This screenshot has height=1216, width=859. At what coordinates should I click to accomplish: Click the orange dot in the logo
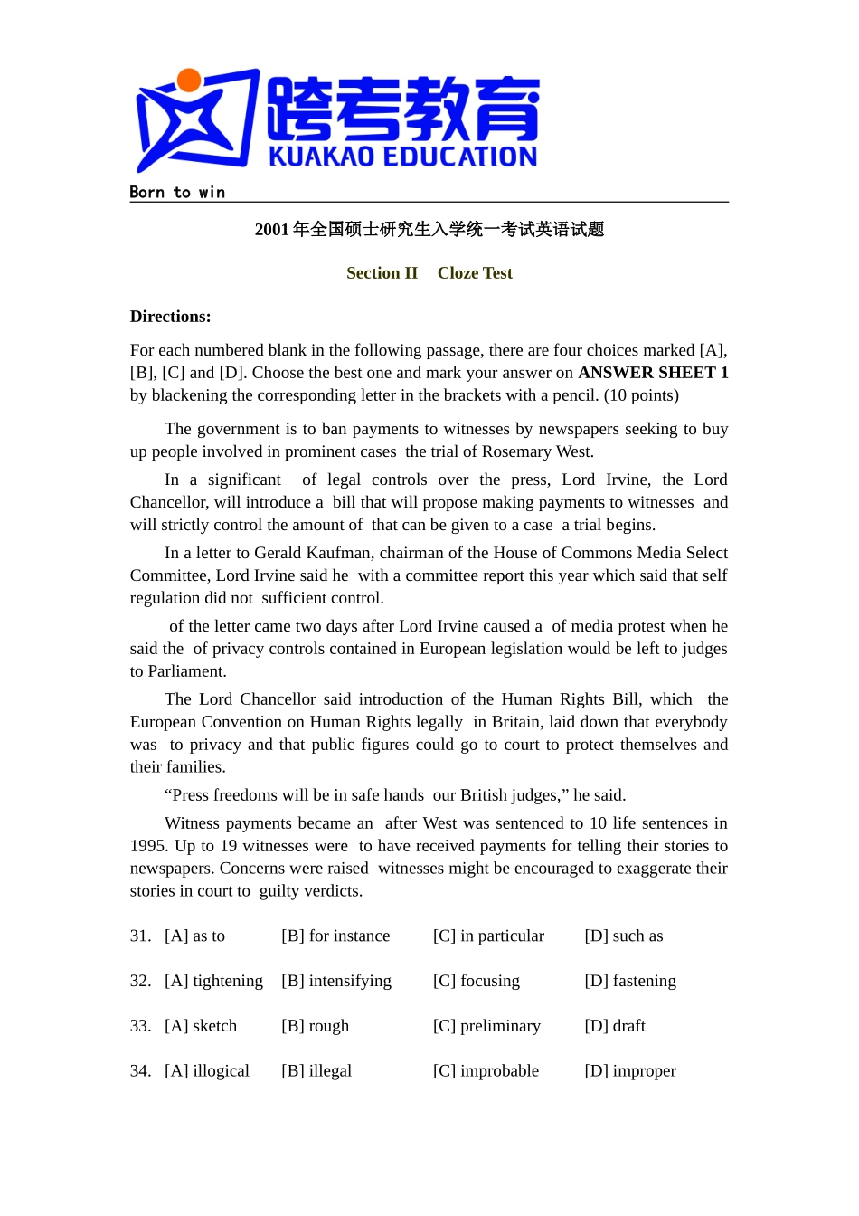(189, 81)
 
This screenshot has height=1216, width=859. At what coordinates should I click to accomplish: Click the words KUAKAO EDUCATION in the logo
(402, 157)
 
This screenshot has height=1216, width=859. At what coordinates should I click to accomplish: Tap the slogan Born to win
(177, 192)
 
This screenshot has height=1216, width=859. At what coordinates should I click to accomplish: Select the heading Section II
(382, 273)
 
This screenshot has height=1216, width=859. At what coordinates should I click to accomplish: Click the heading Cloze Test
(475, 273)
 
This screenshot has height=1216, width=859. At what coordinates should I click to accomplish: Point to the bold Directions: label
(170, 317)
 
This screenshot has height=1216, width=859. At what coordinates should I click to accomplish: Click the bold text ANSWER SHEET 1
(653, 373)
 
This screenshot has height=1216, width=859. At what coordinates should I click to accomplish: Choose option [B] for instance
(335, 936)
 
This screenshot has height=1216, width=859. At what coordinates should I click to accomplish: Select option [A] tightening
(213, 981)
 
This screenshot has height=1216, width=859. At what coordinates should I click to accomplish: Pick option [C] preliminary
(486, 1026)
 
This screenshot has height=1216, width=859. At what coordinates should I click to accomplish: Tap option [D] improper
(630, 1071)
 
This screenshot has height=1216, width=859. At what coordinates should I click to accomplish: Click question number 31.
(140, 936)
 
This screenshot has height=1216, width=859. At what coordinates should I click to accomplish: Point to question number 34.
(140, 1071)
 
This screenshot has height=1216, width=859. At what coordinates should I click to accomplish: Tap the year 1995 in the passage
(147, 846)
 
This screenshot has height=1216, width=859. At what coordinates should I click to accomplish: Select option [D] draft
(615, 1026)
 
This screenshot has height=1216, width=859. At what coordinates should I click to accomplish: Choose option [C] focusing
(477, 981)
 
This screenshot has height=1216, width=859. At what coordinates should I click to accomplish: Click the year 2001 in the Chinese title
(271, 230)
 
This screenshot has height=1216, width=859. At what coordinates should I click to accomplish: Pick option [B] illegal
(316, 1071)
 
